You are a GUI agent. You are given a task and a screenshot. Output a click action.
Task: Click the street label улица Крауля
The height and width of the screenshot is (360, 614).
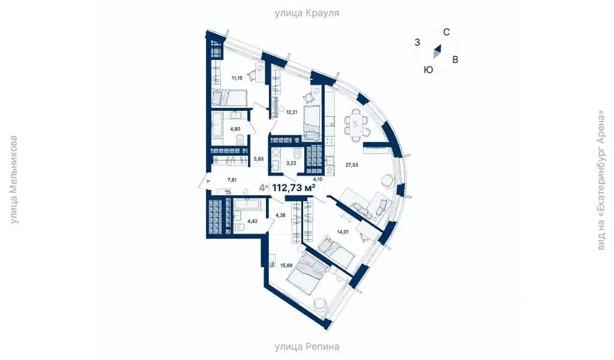coord(307,13)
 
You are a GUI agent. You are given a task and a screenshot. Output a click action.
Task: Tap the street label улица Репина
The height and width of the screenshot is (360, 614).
coord(307,346)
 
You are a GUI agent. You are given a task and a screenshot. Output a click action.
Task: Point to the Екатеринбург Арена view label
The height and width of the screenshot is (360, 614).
coord(601,180)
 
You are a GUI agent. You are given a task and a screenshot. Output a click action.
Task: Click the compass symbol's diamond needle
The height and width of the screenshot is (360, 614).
coord(439,53)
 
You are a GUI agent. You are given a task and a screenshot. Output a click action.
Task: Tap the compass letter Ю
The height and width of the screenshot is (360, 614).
coord(428,70)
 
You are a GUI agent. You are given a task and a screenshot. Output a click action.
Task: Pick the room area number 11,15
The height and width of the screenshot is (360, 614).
coord(238,78)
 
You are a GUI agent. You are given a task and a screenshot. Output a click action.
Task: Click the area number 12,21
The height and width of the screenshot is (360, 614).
coord(292,112)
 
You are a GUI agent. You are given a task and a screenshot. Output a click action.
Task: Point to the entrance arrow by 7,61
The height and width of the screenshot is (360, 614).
coord(208,179)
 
